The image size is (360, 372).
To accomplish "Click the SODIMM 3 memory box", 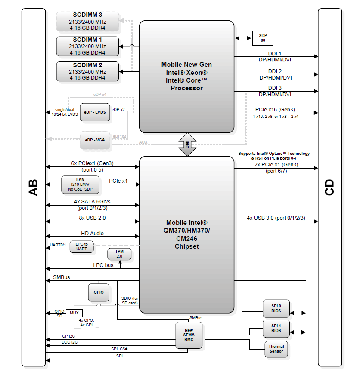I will coord(88,22).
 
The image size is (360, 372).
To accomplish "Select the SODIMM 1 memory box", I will coord(88,46).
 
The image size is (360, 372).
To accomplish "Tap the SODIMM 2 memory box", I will coord(88,71).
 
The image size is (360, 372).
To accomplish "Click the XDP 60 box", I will coord(263,38).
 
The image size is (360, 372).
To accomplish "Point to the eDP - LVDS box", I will coord(95,112).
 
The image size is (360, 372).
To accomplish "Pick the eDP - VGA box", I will coord(95,140).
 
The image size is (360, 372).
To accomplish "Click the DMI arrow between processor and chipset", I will coord(187,144).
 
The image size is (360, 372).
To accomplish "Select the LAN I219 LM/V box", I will coord(80,184).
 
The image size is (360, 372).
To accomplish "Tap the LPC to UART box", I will coord(81,247).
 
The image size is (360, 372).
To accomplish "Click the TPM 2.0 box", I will coord(119,254).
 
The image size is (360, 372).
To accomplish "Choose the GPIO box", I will coord(99,292).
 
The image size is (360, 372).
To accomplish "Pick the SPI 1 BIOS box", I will coord(276,328).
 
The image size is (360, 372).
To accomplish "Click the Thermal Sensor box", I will coord(276,349).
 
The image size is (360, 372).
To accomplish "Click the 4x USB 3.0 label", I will coord(276,218).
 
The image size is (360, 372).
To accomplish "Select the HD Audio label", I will coord(92,233).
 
